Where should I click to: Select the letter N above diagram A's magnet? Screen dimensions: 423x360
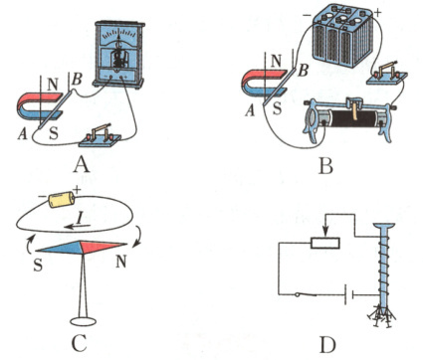pyautogui.click(x=52, y=86)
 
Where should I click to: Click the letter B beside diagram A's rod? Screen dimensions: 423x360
pyautogui.click(x=77, y=81)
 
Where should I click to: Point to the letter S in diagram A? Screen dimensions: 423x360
pyautogui.click(x=54, y=133)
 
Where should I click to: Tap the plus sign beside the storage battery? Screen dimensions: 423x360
pyautogui.click(x=378, y=13)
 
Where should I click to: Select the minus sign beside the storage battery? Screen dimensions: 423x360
pyautogui.click(x=307, y=15)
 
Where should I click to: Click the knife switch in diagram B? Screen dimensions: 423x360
pyautogui.click(x=387, y=75)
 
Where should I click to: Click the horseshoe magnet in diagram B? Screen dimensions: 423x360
pyautogui.click(x=265, y=84)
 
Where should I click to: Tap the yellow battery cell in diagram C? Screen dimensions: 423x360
pyautogui.click(x=62, y=200)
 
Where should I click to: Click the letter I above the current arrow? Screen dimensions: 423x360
pyautogui.click(x=80, y=218)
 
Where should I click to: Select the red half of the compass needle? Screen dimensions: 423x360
pyautogui.click(x=104, y=247)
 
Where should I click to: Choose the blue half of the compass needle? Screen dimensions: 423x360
pyautogui.click(x=59, y=248)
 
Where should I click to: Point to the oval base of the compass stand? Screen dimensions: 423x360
pyautogui.click(x=83, y=321)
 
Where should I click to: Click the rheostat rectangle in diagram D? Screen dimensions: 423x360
pyautogui.click(x=325, y=243)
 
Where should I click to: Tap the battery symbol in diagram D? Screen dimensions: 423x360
pyautogui.click(x=348, y=294)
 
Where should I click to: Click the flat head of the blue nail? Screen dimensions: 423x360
pyautogui.click(x=384, y=226)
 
